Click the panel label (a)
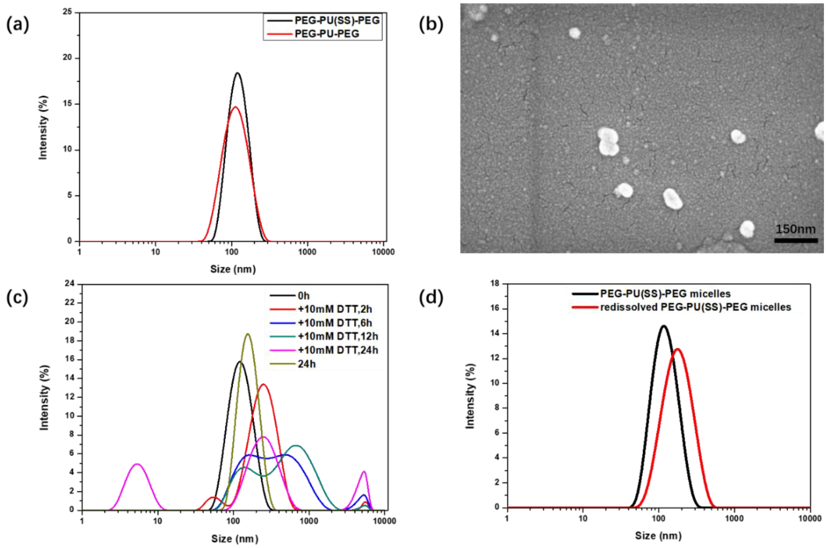click(x=18, y=25)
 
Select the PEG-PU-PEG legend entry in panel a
click(x=327, y=34)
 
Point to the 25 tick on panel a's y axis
click(x=67, y=12)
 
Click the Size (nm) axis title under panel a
click(x=233, y=269)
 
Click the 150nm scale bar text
click(x=795, y=229)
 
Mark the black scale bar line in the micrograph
click(x=796, y=240)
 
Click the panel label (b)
click(x=431, y=25)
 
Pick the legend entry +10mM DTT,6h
click(x=335, y=323)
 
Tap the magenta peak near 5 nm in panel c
click(x=137, y=464)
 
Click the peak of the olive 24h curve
click(x=248, y=334)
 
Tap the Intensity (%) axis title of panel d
click(x=470, y=396)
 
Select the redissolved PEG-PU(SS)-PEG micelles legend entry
click(x=696, y=307)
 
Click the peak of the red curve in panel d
click(x=677, y=349)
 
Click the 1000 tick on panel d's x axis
click(x=734, y=518)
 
